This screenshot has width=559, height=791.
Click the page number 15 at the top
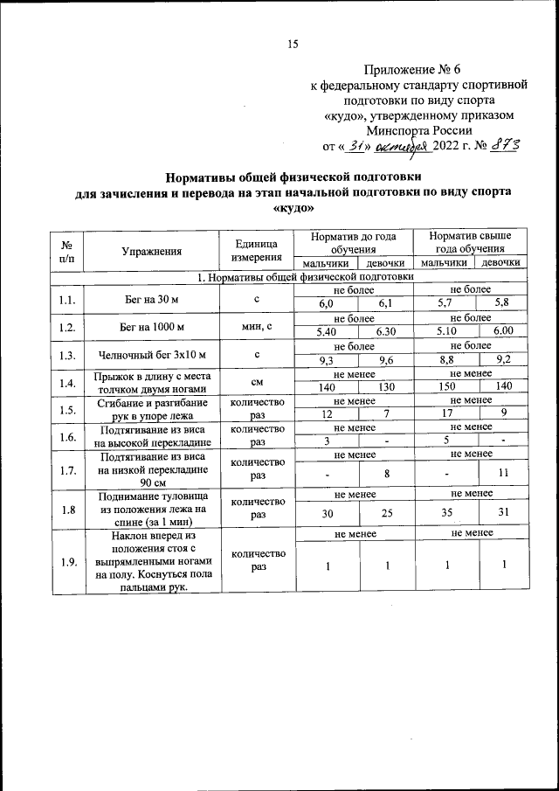pos(293,45)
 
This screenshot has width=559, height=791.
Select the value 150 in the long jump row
pos(445,386)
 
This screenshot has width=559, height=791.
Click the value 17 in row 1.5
pos(445,413)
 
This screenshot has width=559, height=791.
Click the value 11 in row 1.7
pos(502,473)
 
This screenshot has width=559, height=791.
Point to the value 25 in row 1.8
pos(385,513)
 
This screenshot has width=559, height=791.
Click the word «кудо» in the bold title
pos(293,210)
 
